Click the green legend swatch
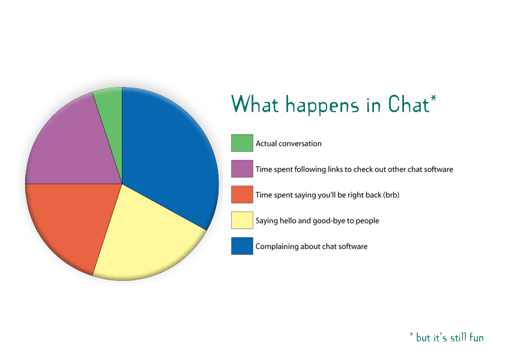coord(242,143)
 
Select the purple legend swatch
coord(242,169)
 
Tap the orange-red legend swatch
coord(242,194)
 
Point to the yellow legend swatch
coord(242,220)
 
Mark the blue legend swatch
coord(242,246)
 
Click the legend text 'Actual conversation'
coord(289,143)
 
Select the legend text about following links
coord(354,169)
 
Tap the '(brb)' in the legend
coord(391,195)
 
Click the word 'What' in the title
coord(255,104)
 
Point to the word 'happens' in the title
coord(322,106)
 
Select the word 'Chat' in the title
coord(409,104)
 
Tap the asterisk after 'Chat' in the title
coord(433,98)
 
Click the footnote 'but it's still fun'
coord(450,338)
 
